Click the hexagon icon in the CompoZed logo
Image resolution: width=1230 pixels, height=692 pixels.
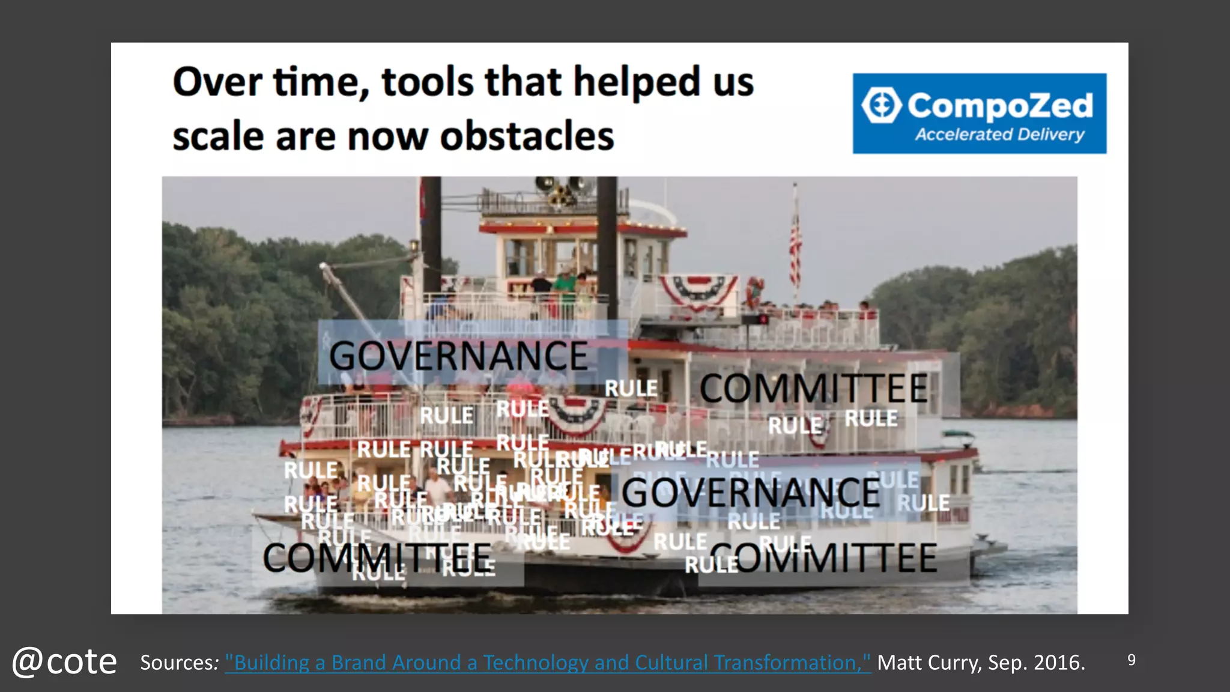(x=881, y=106)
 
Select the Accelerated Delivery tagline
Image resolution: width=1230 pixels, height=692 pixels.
(x=999, y=135)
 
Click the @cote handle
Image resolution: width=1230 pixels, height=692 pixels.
(x=64, y=662)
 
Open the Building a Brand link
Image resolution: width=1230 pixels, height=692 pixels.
(x=547, y=663)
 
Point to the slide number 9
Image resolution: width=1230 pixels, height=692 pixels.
(x=1132, y=660)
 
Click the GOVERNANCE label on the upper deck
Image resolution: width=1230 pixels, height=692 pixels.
(x=458, y=356)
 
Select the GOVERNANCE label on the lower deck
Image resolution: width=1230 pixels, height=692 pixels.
(x=751, y=493)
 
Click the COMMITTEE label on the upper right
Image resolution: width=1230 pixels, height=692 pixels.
(x=814, y=388)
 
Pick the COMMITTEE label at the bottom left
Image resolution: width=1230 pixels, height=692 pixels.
(x=377, y=557)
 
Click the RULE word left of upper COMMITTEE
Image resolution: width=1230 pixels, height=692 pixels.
(x=631, y=389)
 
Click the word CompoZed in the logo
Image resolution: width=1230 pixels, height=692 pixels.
(x=1000, y=106)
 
